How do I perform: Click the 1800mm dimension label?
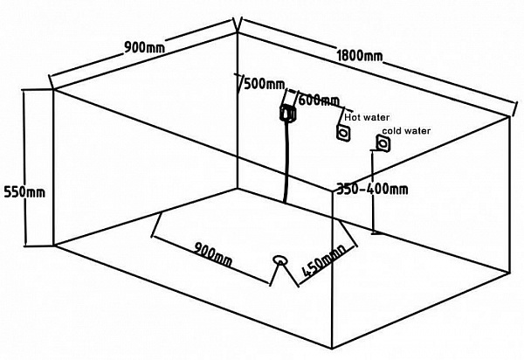coord(360,56)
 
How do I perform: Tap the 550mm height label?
coord(24,192)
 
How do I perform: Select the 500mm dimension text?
coord(265,84)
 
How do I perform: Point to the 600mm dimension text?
coord(319,100)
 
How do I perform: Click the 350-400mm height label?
coord(372,190)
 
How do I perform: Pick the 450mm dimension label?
coord(323,261)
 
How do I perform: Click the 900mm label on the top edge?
coord(145,47)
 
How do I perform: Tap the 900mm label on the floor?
coord(213,254)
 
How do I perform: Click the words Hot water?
coord(367,117)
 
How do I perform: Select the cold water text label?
coord(406,131)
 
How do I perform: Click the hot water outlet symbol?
coord(343,133)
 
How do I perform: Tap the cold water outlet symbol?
coord(383,143)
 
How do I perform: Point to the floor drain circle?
coord(279,260)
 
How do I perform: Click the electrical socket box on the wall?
coord(287,113)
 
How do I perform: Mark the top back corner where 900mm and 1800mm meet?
coord(238,31)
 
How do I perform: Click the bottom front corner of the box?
coord(332,349)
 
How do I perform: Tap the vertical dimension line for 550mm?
coord(24,168)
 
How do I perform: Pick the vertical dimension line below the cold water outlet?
coord(372,191)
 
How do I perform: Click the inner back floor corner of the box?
coord(238,189)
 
